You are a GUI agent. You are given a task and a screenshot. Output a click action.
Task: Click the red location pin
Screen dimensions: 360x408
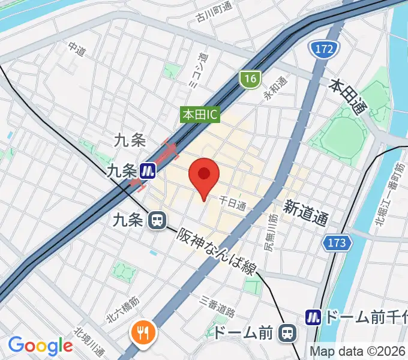(204, 176)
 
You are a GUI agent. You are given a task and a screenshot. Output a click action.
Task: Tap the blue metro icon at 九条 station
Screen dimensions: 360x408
(148, 172)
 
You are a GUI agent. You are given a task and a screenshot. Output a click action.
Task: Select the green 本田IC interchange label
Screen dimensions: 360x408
(201, 113)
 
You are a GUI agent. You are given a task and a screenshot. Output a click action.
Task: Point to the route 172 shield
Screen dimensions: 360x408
(322, 49)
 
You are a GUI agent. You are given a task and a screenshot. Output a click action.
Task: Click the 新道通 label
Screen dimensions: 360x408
(306, 213)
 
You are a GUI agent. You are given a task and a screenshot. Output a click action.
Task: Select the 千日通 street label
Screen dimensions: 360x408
(232, 203)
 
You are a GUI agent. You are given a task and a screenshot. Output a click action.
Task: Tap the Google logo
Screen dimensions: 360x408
(40, 345)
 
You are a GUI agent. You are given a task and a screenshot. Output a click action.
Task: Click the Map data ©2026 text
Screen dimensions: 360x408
(358, 351)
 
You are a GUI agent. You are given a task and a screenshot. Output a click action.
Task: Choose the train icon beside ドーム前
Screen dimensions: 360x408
(289, 332)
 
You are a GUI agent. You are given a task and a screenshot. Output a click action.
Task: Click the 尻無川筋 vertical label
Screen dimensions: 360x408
(269, 232)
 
